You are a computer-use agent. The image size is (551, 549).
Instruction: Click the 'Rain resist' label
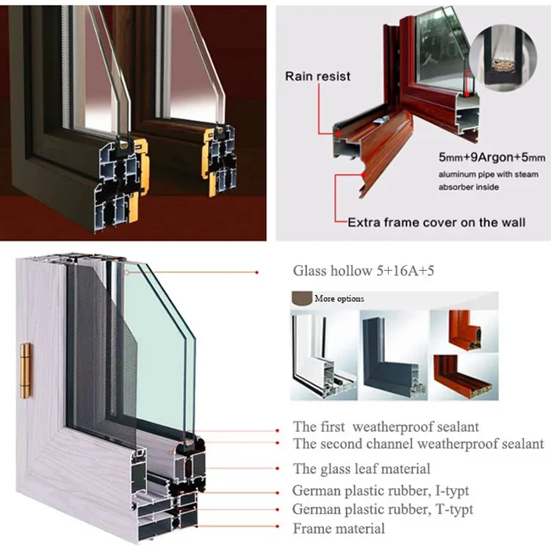pos(318,76)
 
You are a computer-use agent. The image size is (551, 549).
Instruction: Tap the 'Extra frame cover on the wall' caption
pos(436,222)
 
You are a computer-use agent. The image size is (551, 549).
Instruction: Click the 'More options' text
pos(339,299)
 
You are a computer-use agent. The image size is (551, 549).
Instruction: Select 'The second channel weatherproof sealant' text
pos(418,443)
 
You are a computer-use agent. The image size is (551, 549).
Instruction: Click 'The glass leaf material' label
pos(361,468)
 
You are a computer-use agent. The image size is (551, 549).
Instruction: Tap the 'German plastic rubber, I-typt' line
pos(380,490)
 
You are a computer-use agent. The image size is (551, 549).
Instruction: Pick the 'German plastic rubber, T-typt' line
pos(382,509)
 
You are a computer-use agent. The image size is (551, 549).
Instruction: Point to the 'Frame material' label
pos(338,528)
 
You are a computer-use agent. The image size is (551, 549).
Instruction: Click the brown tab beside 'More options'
pos(301,298)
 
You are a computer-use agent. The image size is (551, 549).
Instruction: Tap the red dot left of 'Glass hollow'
pos(256,272)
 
